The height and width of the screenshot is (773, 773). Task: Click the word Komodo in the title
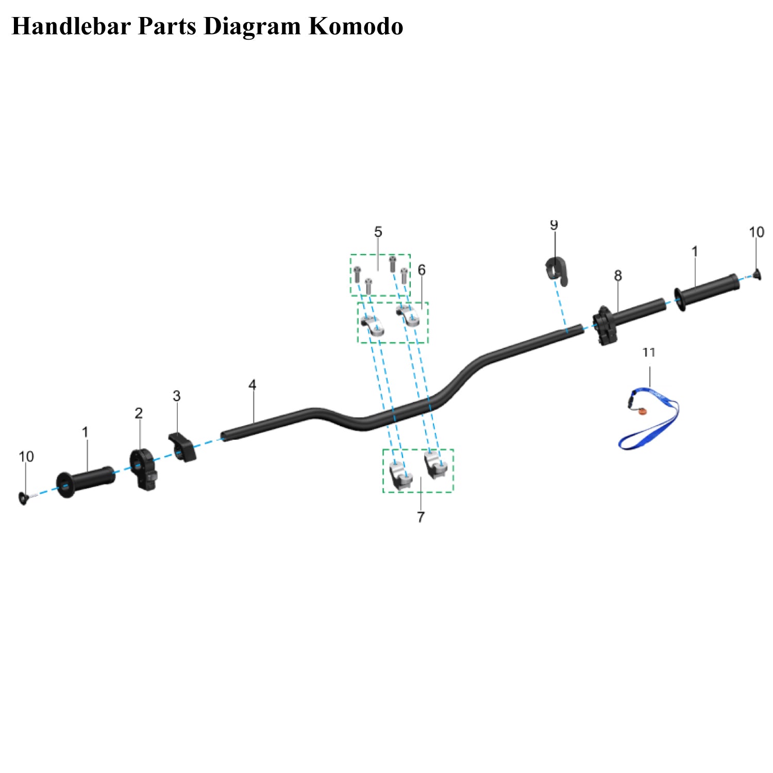coord(356,26)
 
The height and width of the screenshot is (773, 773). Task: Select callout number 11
coord(649,352)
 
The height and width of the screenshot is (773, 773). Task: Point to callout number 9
coord(554,225)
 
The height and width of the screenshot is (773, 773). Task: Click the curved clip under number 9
coord(557,271)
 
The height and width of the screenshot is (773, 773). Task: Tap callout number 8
coord(618,276)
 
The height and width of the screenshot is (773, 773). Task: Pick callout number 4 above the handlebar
coord(252,385)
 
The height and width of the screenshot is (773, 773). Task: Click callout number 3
coord(177,396)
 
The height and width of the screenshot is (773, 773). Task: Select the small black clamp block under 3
coord(183,447)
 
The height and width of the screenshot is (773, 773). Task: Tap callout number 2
coord(139,413)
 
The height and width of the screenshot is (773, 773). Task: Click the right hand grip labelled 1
coord(709,291)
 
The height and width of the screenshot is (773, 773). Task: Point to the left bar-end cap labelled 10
coord(24,498)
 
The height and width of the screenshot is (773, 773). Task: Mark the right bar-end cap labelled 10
coord(757,274)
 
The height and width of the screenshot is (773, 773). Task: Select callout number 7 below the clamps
coord(421,517)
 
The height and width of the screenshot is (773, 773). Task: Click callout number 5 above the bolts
coord(378,232)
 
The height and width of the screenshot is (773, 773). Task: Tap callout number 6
coord(422,270)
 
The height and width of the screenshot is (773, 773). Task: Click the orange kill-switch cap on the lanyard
coord(642,412)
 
